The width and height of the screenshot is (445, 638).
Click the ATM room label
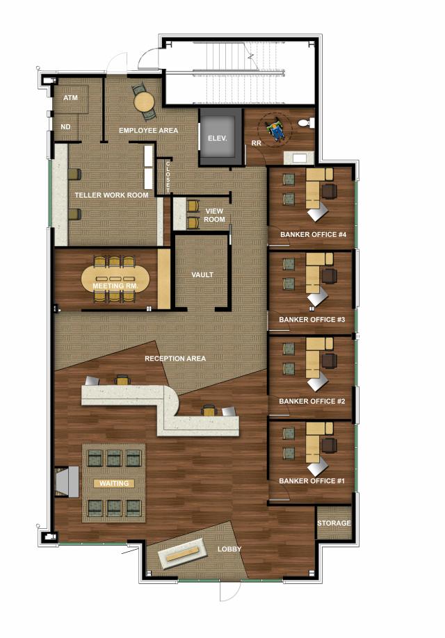pyautogui.click(x=70, y=98)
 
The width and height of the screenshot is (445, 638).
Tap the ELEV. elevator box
pyautogui.click(x=217, y=137)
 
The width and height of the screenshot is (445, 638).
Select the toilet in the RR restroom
pyautogui.click(x=306, y=122)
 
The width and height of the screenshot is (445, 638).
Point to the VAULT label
pyautogui.click(x=202, y=275)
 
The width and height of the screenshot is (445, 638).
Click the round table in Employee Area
pyautogui.click(x=145, y=101)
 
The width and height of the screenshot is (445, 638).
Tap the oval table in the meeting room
pyautogui.click(x=115, y=279)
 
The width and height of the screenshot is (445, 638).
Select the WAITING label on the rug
pyautogui.click(x=114, y=484)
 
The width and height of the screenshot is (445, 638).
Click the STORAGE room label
pyautogui.click(x=334, y=523)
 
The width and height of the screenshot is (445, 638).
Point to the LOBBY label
pyautogui.click(x=229, y=549)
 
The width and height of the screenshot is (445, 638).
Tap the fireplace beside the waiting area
pyautogui.click(x=67, y=482)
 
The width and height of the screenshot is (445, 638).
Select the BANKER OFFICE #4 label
pyautogui.click(x=313, y=235)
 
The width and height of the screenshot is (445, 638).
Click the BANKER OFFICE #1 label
pyautogui.click(x=312, y=481)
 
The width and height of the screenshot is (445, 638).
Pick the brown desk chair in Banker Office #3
pyautogui.click(x=329, y=276)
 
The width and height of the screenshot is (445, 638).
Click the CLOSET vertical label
pyautogui.click(x=168, y=177)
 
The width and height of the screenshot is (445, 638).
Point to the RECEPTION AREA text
pyautogui.click(x=175, y=359)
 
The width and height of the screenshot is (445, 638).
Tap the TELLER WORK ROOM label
pyautogui.click(x=111, y=195)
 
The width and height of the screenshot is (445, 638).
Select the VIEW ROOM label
pyautogui.click(x=214, y=215)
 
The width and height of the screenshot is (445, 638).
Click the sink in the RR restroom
pyautogui.click(x=299, y=158)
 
